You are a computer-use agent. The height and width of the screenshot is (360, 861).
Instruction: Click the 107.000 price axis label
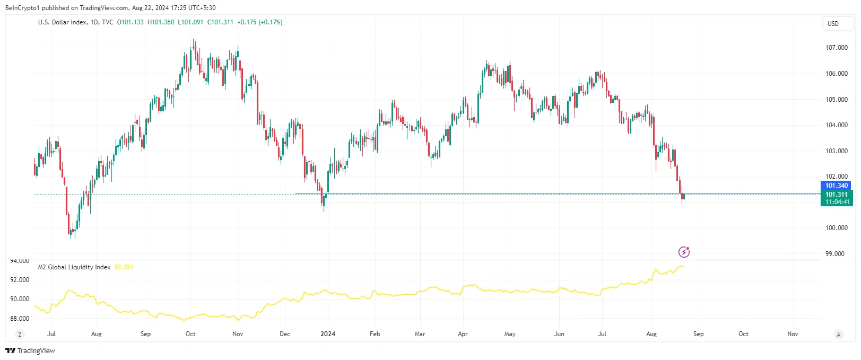click(836, 48)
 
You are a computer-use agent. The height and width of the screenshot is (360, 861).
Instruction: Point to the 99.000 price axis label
click(834, 254)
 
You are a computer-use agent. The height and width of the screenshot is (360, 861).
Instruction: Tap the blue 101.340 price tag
click(837, 186)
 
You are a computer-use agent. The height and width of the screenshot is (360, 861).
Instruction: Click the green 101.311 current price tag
click(837, 195)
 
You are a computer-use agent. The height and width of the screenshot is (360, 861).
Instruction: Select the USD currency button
click(833, 23)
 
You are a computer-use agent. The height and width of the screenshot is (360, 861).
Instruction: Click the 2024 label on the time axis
click(328, 334)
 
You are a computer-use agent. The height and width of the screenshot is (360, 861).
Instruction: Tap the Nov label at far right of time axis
click(793, 334)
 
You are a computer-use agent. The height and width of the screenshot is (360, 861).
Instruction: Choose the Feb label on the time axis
click(375, 334)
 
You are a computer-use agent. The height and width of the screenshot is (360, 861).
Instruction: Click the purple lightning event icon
click(684, 252)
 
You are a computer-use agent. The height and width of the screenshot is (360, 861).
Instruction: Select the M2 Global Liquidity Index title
click(74, 267)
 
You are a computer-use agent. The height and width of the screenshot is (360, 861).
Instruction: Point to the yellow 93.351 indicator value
click(124, 267)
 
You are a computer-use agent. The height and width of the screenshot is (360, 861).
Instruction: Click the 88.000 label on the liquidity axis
click(20, 319)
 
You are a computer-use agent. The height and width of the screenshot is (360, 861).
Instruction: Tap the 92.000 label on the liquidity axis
click(20, 280)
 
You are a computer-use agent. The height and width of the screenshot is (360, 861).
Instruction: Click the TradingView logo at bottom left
click(30, 351)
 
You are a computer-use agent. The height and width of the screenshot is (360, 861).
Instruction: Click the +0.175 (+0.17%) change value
click(259, 22)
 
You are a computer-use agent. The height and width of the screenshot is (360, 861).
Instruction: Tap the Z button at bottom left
click(20, 335)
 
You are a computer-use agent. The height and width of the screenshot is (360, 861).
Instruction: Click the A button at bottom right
click(838, 335)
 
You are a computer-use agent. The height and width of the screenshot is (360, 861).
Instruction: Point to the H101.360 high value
click(161, 22)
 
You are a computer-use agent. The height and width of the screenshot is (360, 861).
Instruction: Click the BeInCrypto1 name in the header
click(22, 8)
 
